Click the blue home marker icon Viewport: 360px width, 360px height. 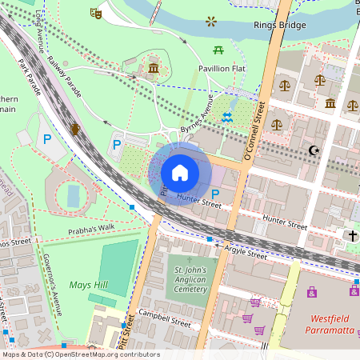(180, 173)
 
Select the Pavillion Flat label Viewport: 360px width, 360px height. (221, 69)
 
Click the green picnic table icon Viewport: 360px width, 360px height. (218, 50)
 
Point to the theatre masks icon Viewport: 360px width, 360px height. (95, 13)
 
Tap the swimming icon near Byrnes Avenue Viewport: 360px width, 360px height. (228, 117)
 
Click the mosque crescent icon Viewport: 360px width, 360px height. (314, 150)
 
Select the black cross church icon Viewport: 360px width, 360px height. (351, 235)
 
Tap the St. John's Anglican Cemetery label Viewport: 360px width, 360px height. (190, 280)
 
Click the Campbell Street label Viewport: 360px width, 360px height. (164, 318)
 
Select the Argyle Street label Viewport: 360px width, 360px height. (245, 254)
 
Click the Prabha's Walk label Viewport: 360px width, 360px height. (91, 226)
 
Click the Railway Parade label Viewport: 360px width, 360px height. (64, 77)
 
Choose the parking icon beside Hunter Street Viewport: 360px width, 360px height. (215, 194)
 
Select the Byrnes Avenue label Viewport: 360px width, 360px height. (196, 118)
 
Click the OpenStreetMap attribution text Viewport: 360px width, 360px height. (80, 354)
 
